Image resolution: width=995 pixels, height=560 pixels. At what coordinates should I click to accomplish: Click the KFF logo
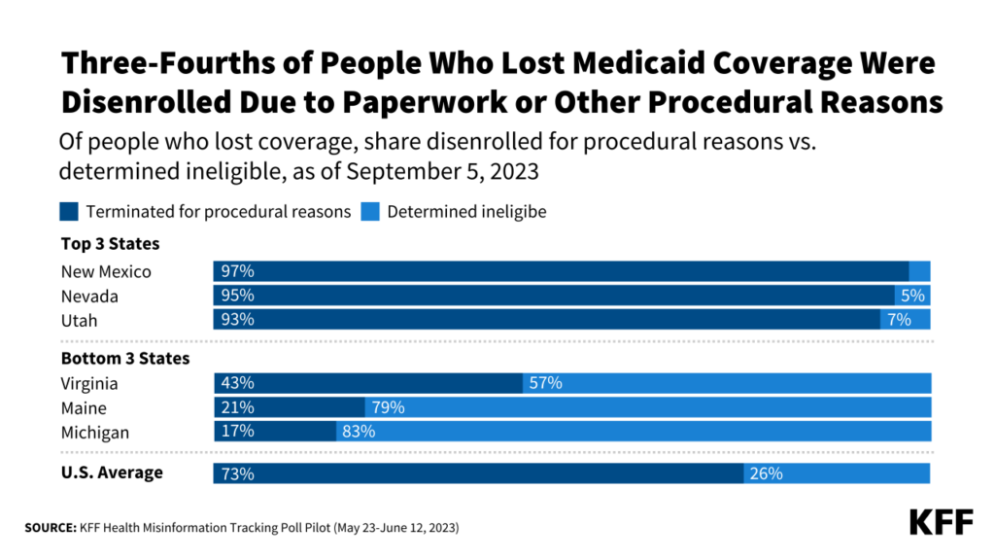coord(941,522)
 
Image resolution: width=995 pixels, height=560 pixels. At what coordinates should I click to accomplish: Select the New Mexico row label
coord(106,272)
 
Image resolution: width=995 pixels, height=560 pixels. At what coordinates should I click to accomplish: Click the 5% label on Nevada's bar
coord(913,296)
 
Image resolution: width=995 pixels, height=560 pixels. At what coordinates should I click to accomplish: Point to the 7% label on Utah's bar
coord(899,319)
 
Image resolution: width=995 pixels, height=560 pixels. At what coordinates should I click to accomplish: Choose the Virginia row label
coord(89,384)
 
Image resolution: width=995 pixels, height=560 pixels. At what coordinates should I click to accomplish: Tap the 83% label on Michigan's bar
coord(359,432)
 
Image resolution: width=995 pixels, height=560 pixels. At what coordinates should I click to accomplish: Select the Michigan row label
coord(94,432)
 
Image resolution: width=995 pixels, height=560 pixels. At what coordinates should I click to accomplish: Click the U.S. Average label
coord(112,473)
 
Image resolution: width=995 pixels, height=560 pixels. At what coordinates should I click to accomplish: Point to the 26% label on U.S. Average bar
coord(765,474)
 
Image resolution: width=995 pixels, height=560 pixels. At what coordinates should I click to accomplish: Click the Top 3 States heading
coord(110,244)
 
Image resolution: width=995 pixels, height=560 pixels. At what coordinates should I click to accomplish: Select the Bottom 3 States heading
coord(125,359)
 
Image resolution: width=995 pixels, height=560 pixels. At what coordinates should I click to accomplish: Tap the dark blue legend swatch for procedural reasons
coord(70,211)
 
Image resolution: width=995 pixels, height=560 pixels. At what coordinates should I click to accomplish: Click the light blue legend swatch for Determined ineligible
coord(371,211)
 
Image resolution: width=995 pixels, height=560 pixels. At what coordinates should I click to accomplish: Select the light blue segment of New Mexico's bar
coord(919,272)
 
